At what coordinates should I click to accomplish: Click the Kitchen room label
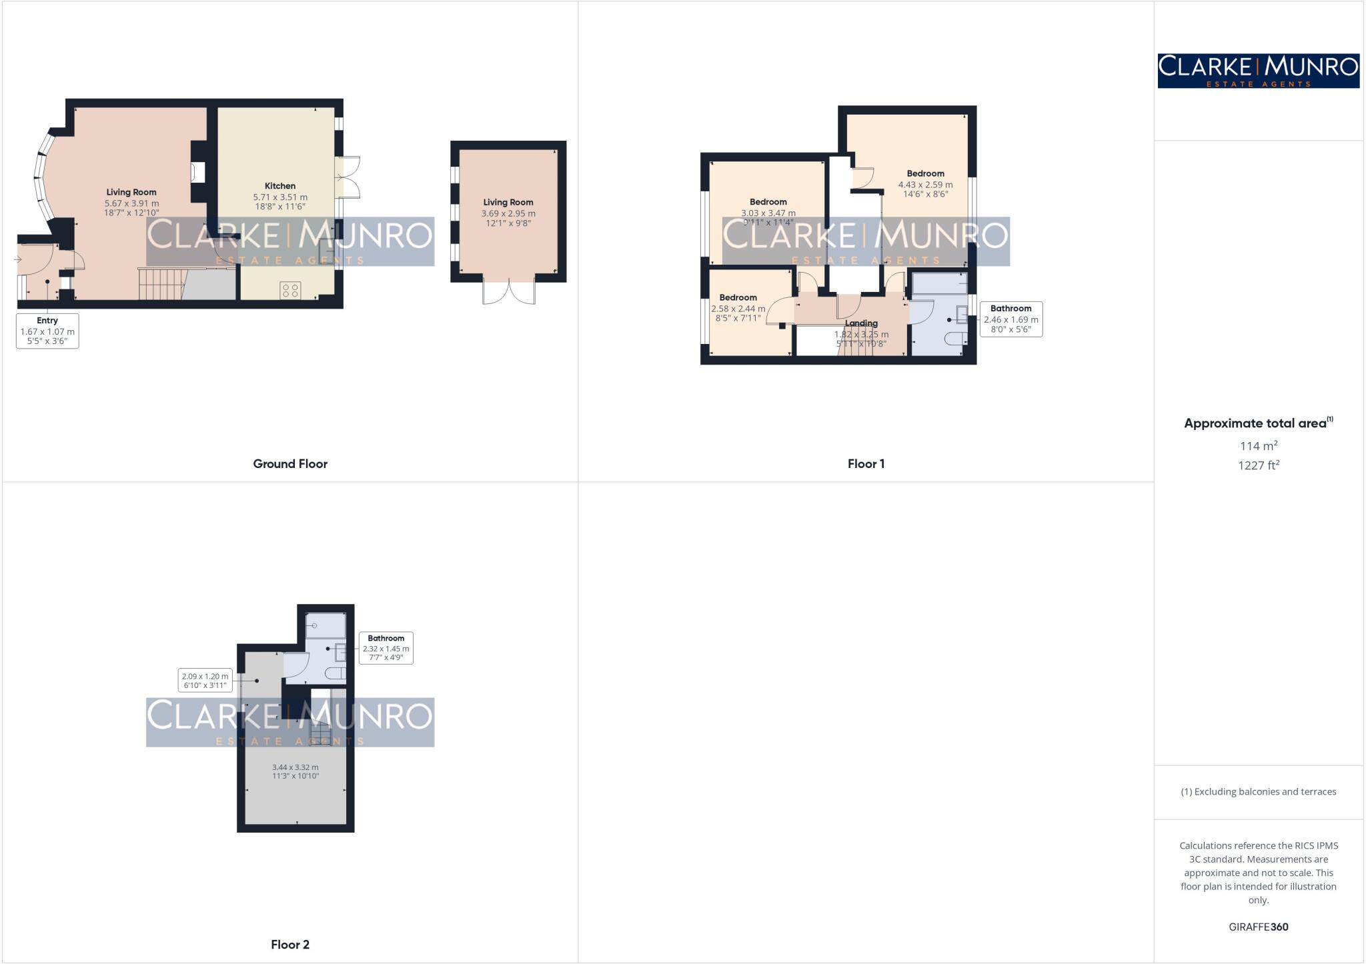[280, 186]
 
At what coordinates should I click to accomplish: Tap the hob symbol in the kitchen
[290, 290]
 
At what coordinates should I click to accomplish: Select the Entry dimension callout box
[47, 331]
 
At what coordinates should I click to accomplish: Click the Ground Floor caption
[290, 463]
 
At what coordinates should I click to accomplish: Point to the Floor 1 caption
[866, 463]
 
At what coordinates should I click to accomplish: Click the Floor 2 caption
[290, 944]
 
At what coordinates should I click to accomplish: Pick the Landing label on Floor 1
[861, 323]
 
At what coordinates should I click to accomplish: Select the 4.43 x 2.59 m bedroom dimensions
[925, 185]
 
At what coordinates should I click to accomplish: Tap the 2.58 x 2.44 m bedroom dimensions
[738, 309]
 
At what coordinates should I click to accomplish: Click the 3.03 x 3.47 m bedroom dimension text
[768, 213]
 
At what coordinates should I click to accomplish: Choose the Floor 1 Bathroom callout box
[1010, 319]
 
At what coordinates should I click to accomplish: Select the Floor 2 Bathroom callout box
[386, 647]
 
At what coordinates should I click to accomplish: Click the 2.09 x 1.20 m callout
[205, 680]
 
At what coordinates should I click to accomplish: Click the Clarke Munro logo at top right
[1258, 71]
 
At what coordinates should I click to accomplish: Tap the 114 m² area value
[1258, 445]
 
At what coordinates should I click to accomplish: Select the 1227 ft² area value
[1258, 465]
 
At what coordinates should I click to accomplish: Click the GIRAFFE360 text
[1258, 927]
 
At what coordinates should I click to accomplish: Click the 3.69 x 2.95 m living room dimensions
[508, 213]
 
